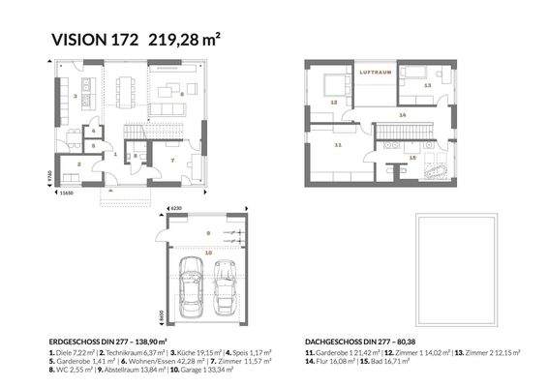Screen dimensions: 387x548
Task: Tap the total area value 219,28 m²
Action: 185,40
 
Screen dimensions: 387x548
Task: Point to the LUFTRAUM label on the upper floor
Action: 374,73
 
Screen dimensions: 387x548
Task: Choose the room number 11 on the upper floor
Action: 338,145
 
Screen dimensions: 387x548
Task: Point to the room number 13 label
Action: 427,86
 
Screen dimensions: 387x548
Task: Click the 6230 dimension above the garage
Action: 176,208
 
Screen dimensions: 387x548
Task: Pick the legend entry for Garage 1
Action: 247,363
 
